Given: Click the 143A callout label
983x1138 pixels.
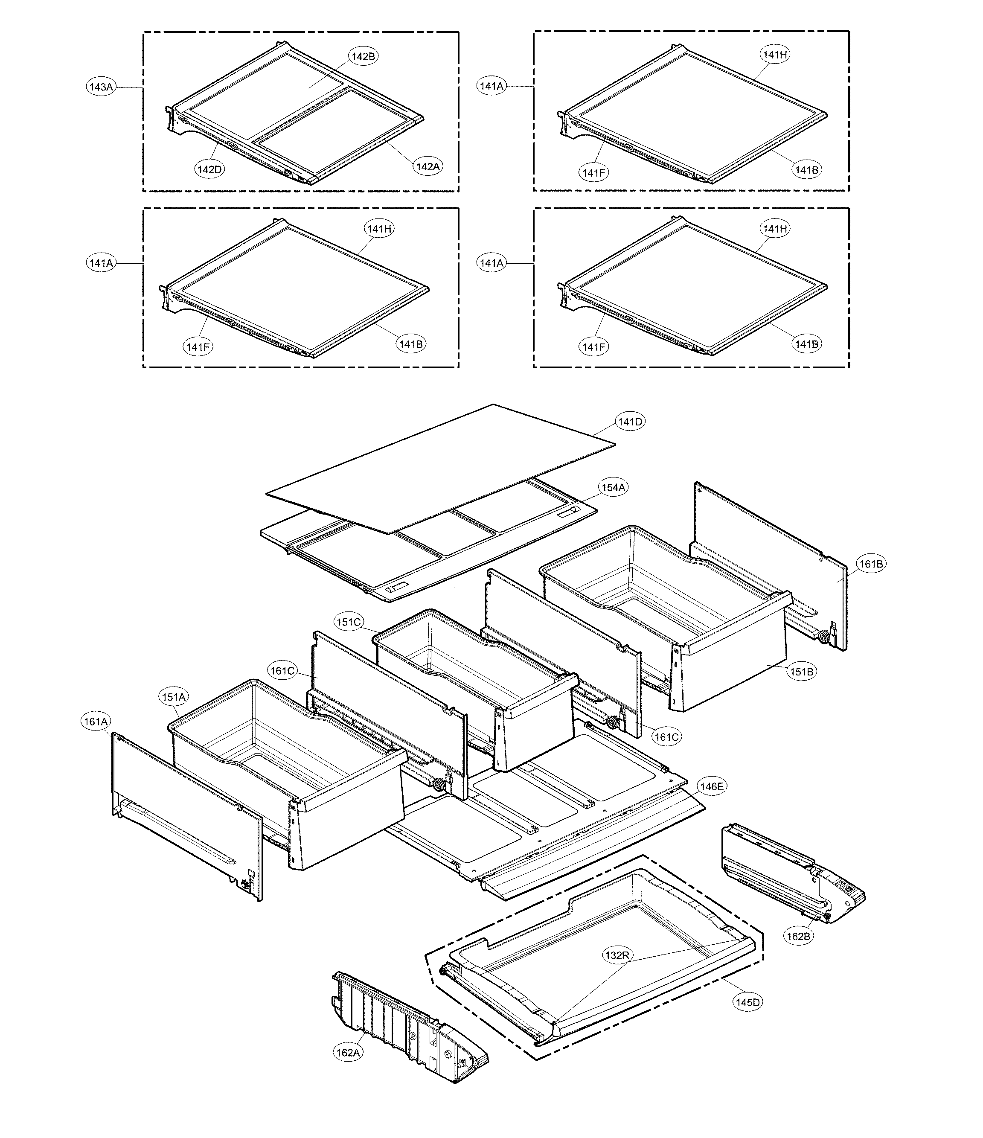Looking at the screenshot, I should [102, 87].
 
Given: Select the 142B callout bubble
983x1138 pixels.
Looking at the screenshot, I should [364, 56].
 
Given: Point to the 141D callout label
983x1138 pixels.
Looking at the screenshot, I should [630, 422].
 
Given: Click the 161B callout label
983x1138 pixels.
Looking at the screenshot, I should [871, 564].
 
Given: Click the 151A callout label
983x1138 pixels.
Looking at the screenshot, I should [174, 697].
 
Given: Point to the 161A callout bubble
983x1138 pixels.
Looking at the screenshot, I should [96, 721].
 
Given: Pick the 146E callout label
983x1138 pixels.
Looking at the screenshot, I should [712, 786].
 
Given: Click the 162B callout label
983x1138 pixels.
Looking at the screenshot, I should [798, 936].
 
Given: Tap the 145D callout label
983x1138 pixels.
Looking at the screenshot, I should [748, 1002].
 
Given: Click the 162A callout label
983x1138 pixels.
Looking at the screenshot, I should [348, 1053].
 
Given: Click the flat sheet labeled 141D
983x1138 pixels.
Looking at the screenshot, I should [439, 467].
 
